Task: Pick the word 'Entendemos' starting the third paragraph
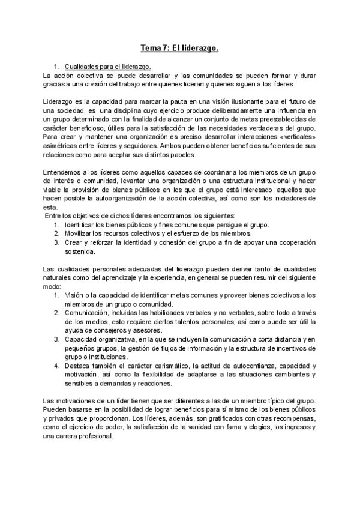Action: point(63,172)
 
